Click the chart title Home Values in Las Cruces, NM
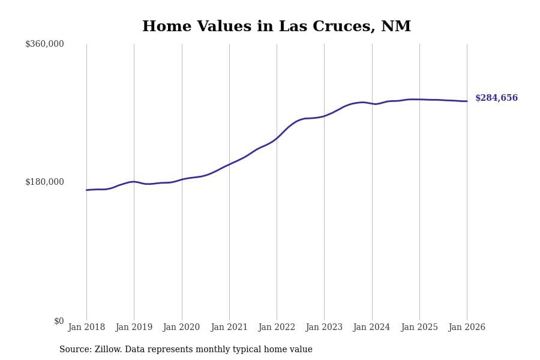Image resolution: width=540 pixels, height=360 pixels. click(277, 27)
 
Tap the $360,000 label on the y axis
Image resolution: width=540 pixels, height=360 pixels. click(44, 44)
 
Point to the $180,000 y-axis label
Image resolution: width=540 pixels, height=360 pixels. click(44, 182)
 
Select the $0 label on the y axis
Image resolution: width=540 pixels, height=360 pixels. click(59, 321)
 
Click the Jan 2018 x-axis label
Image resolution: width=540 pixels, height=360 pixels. click(86, 327)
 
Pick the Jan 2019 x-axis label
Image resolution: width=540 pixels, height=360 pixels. click(134, 327)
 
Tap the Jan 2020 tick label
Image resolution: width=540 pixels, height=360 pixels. click(182, 327)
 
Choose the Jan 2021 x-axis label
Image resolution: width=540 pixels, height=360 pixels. click(229, 327)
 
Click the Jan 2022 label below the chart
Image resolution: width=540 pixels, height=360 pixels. click(277, 327)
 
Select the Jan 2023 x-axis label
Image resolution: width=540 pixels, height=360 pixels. click(324, 327)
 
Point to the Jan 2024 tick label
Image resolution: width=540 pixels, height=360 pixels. click(372, 327)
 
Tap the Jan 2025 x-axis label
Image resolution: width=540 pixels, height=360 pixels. click(419, 327)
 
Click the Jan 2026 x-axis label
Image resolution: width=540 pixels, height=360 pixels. click(467, 327)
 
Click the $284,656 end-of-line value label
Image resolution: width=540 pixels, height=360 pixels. click(496, 98)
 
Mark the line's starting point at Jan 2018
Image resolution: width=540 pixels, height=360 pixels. click(86, 190)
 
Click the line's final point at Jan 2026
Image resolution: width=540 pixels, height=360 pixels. click(467, 101)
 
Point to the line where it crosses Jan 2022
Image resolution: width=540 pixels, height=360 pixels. click(277, 138)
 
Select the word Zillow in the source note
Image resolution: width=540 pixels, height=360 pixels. click(108, 350)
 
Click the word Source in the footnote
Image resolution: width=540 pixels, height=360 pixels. click(74, 350)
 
